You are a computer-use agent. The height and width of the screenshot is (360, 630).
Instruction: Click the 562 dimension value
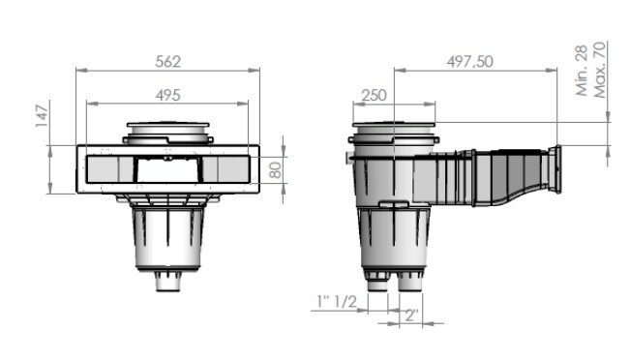(168, 62)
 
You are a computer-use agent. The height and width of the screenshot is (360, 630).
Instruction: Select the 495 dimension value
(168, 95)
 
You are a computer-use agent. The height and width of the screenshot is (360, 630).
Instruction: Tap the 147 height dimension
(42, 116)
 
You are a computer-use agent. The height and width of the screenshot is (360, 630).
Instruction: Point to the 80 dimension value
(275, 170)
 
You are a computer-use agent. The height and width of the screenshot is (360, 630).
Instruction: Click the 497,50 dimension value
(469, 62)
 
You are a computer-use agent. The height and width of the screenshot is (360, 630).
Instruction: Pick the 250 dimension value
(374, 95)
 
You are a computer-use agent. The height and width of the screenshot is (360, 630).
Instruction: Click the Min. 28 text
(582, 71)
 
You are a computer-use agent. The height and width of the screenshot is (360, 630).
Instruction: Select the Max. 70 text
(599, 70)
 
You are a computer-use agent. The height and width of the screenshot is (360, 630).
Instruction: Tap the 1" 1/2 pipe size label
(337, 301)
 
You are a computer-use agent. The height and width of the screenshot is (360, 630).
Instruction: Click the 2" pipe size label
(411, 315)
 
